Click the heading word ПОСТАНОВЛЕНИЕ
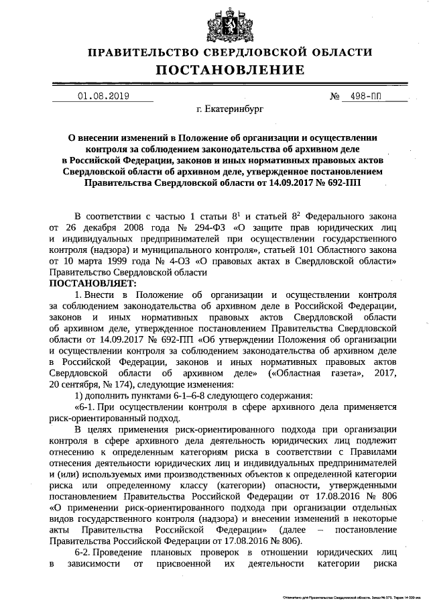pyautogui.click(x=231, y=70)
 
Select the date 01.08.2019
pyautogui.click(x=103, y=97)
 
